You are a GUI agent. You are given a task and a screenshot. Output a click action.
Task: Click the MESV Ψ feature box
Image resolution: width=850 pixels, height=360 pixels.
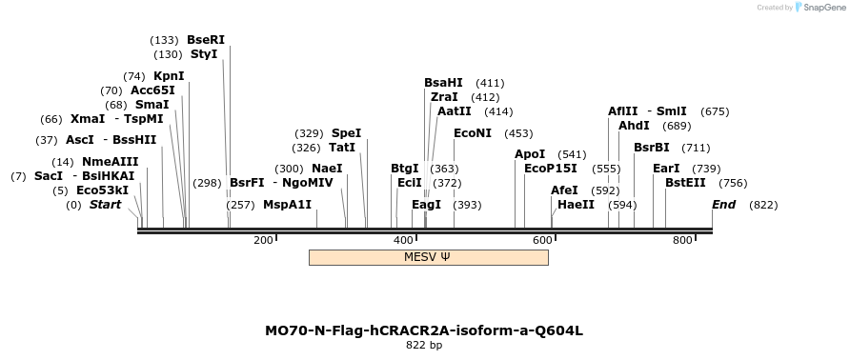pyautogui.click(x=428, y=257)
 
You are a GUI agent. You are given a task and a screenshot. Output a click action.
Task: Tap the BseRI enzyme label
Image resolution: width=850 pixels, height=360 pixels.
pyautogui.click(x=206, y=40)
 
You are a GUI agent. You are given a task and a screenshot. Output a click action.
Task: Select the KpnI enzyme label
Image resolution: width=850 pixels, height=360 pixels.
pyautogui.click(x=169, y=76)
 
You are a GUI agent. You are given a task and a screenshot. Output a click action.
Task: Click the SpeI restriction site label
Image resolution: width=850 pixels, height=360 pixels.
pyautogui.click(x=346, y=133)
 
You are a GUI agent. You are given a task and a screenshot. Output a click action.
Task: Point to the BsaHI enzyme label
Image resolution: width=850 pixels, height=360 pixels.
pyautogui.click(x=443, y=83)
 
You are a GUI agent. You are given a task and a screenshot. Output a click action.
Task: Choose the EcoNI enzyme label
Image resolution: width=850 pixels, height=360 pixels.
pyautogui.click(x=473, y=133)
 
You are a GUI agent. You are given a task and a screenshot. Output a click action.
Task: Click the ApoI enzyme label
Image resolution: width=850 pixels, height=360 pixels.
pyautogui.click(x=530, y=154)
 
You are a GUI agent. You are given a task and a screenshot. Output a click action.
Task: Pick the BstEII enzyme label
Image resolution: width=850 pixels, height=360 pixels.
pyautogui.click(x=685, y=183)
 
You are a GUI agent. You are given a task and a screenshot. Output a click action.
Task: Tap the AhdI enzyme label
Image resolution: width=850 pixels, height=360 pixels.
pyautogui.click(x=634, y=126)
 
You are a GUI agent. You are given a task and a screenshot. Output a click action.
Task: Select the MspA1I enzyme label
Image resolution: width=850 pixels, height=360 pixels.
pyautogui.click(x=287, y=205)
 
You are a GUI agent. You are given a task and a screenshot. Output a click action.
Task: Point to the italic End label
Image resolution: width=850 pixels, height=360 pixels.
pyautogui.click(x=723, y=205)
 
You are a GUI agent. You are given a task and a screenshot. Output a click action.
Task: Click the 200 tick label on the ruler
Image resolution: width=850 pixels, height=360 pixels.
pyautogui.click(x=263, y=240)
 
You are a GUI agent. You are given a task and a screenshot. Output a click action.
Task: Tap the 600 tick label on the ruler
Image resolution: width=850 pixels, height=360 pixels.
pyautogui.click(x=542, y=240)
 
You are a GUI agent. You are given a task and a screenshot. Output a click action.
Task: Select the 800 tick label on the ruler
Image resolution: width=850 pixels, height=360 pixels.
pyautogui.click(x=682, y=240)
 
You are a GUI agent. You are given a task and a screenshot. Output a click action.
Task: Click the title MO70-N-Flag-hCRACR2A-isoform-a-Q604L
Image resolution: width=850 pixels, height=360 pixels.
pyautogui.click(x=424, y=331)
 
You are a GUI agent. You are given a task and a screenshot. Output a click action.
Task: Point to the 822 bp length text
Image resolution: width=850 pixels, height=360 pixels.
pyautogui.click(x=424, y=346)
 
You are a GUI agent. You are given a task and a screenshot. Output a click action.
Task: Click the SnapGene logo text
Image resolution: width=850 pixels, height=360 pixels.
pyautogui.click(x=822, y=8)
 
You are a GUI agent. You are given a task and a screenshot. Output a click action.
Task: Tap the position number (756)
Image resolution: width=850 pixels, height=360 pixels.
pyautogui.click(x=733, y=183)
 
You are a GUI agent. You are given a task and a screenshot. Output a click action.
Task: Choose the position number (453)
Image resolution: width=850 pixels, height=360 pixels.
pyautogui.click(x=518, y=133)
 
